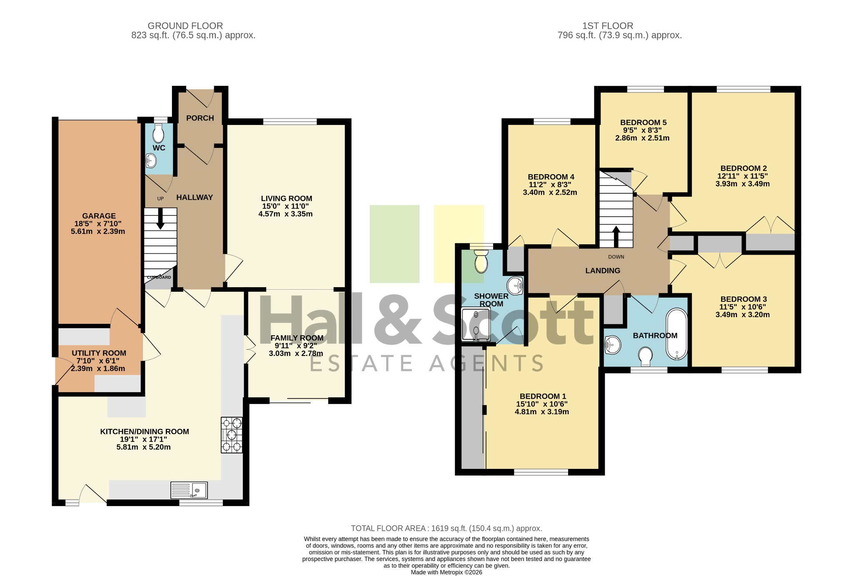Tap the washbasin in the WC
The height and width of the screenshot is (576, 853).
tap(151, 160)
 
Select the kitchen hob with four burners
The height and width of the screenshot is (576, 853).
tap(232, 435)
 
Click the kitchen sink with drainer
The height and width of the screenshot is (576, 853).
tap(189, 490)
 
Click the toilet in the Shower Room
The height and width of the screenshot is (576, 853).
tap(481, 261)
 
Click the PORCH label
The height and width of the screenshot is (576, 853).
tap(200, 118)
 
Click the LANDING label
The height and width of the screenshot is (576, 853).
tap(603, 270)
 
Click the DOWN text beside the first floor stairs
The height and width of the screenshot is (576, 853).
tap(616, 257)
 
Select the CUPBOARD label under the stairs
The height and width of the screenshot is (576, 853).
tap(159, 277)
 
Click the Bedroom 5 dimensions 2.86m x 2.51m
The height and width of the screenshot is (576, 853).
tap(642, 138)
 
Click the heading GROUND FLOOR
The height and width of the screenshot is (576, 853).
tap(185, 26)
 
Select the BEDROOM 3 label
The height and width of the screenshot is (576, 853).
tap(743, 299)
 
